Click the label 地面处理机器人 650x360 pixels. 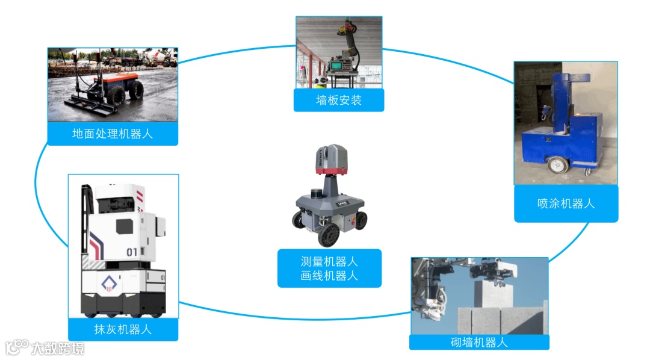[113, 134]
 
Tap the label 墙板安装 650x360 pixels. [338, 101]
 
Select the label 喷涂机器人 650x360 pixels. [566, 203]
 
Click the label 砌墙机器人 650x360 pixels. [479, 343]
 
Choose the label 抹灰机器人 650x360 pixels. [123, 329]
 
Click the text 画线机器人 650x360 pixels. [329, 276]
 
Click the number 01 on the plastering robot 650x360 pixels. [132, 251]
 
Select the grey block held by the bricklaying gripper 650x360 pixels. [492, 295]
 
